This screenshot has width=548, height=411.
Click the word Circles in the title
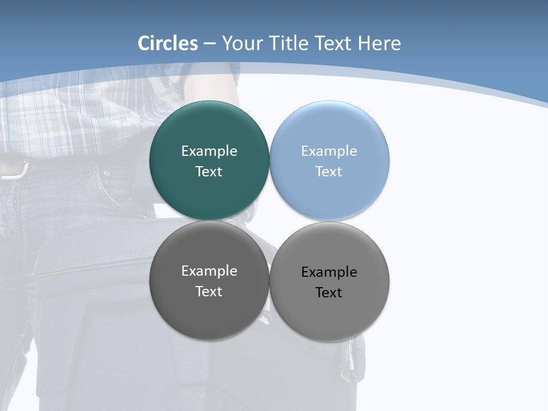pos(168,43)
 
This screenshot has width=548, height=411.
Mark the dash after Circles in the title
pos(209,44)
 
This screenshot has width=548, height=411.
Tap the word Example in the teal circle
pos(209,151)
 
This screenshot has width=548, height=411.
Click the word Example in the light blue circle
pos(329,151)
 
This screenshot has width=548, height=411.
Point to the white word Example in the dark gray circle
pos(209,271)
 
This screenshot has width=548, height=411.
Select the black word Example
pos(329,272)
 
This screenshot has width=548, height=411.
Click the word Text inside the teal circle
pos(209,172)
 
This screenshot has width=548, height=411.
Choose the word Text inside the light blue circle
pos(329,172)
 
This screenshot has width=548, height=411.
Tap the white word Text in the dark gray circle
pos(209,292)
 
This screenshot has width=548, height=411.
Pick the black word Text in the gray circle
pos(329,293)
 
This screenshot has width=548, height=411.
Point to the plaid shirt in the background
pos(68,120)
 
